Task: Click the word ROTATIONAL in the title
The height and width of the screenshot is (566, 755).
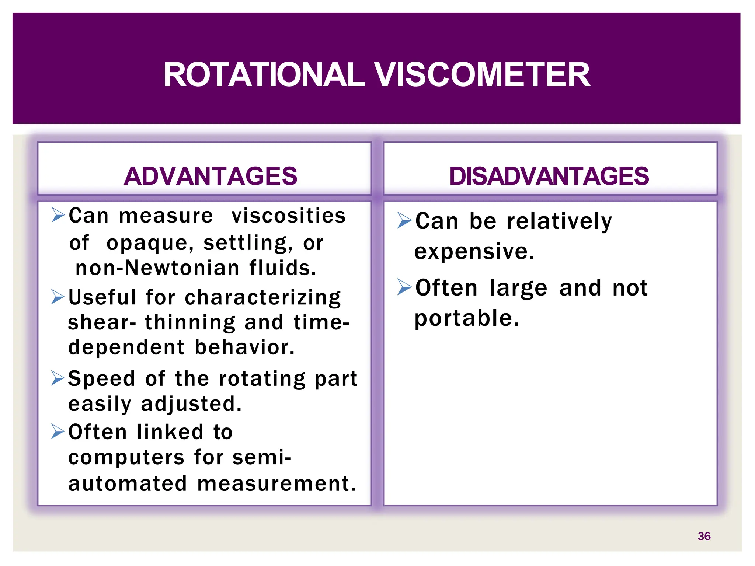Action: (x=264, y=75)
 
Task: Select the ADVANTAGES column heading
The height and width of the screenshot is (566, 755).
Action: (x=210, y=176)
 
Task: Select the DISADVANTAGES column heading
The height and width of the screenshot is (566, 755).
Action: (x=549, y=176)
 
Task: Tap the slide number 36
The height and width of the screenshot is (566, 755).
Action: (x=704, y=536)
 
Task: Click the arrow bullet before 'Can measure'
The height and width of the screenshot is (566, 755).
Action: (x=58, y=215)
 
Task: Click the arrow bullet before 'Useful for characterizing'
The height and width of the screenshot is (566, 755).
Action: (x=58, y=297)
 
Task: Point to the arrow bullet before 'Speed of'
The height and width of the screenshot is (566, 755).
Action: (x=58, y=378)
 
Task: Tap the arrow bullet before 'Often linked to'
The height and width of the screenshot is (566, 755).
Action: (x=58, y=432)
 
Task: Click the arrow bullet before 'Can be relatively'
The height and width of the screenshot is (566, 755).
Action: (x=404, y=220)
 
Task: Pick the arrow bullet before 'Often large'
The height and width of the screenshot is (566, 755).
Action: (x=404, y=287)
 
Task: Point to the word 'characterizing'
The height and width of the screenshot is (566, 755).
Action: (x=263, y=298)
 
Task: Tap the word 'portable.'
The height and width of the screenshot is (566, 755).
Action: (x=467, y=318)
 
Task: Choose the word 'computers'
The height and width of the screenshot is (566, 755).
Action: (x=126, y=458)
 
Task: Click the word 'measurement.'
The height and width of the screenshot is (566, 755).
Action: (x=276, y=484)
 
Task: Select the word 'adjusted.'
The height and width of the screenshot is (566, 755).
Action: (x=191, y=404)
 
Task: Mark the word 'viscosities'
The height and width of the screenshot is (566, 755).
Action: (x=288, y=216)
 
